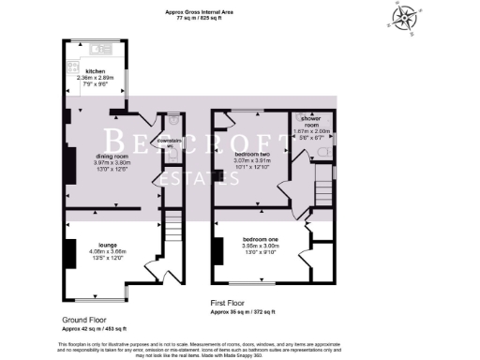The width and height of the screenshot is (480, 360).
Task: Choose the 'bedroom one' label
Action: [258, 238]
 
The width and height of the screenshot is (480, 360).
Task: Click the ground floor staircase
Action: [172, 230]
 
